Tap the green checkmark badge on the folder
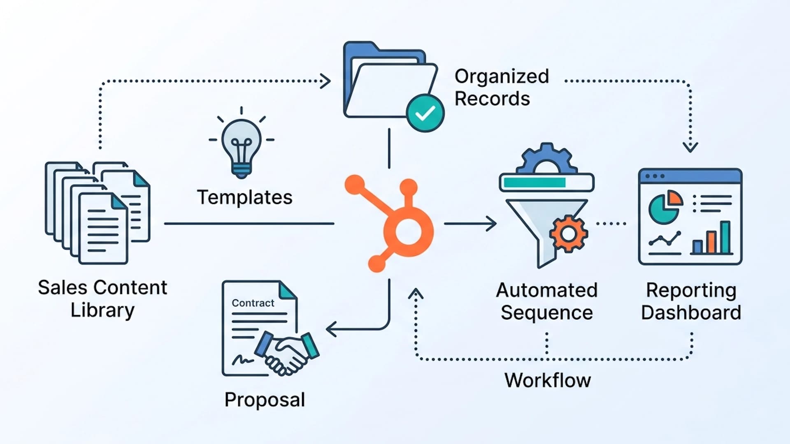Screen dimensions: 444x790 point(425,113)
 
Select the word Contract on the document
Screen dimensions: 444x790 point(253,303)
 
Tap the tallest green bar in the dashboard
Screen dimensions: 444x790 point(725,237)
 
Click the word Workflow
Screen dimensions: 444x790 point(548,380)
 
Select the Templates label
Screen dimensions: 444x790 point(245,198)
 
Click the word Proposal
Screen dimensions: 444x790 point(265,400)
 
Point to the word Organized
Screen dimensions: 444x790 point(502,77)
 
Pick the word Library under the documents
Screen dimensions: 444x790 point(102,310)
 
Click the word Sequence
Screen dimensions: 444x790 point(547,313)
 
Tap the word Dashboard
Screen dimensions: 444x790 point(691,313)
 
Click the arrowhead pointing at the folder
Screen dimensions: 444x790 point(326,81)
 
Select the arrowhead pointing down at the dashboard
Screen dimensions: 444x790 point(690,147)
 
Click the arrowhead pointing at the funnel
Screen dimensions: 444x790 point(492,224)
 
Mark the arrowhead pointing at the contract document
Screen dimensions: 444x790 point(332,329)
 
